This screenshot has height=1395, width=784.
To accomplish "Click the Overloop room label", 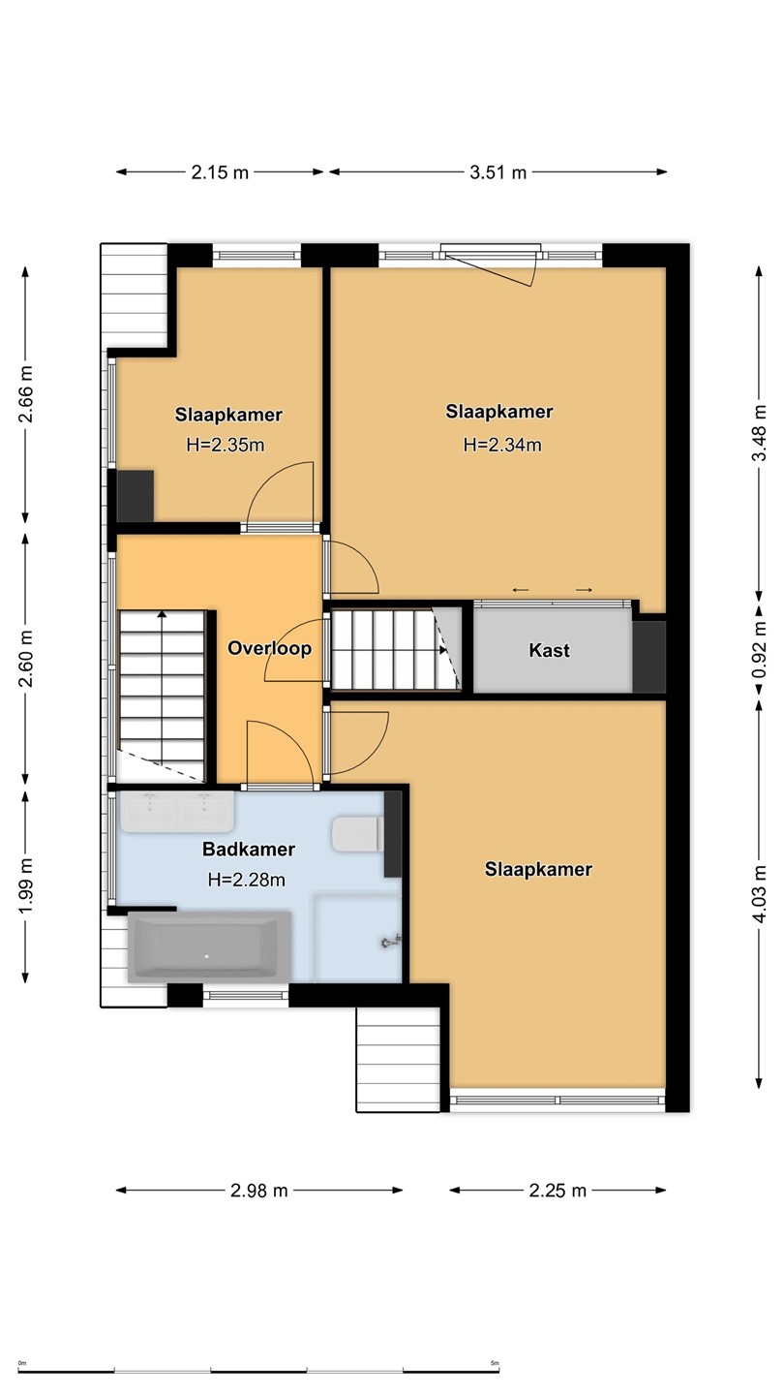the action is [269, 648].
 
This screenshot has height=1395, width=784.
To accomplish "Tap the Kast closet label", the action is [550, 650].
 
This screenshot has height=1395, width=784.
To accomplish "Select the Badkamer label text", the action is [249, 849].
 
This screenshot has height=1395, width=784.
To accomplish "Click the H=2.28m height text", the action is [247, 880].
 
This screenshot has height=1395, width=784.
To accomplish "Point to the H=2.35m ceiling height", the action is [226, 445].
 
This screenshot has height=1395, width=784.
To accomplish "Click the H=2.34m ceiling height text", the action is [502, 445].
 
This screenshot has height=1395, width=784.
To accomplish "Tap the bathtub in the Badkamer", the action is [210, 947].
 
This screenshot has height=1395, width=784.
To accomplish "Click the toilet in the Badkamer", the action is [357, 834].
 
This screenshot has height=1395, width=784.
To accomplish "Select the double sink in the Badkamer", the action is [177, 812].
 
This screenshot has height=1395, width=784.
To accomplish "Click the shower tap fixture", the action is [391, 942].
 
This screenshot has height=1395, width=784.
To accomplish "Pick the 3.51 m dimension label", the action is [498, 172].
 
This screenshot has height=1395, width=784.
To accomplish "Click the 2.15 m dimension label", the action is [220, 172].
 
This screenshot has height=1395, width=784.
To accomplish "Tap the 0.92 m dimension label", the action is [759, 650].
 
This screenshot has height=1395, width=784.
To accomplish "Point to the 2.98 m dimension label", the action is [258, 1191].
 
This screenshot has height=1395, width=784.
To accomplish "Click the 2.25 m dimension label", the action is [558, 1191].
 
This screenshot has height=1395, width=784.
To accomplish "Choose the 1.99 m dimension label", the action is [25, 885].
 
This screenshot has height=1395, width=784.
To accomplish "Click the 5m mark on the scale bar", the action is [495, 1363].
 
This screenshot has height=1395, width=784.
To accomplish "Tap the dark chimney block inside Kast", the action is [648, 657].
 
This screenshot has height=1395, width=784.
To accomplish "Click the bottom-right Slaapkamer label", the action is [538, 869].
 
